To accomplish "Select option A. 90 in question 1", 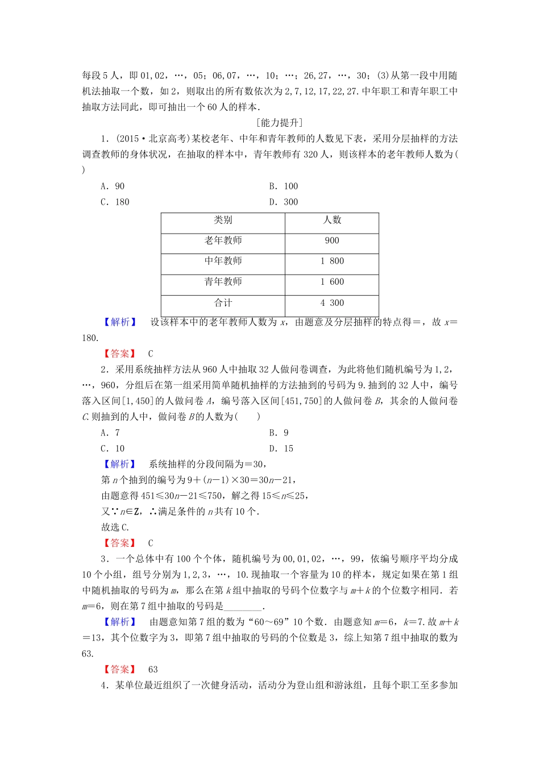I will (x=113, y=186).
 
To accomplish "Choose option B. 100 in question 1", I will (x=283, y=186).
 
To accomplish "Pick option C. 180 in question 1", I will (x=115, y=202).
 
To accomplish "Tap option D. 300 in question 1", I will (x=283, y=202).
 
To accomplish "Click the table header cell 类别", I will (x=223, y=221).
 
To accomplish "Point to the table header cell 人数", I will (x=332, y=221).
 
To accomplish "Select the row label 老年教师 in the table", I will (x=223, y=241).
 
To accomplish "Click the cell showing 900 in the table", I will (x=332, y=241).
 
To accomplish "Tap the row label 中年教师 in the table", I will (x=223, y=261).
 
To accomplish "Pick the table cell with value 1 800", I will (x=332, y=261).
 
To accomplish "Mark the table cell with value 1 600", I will (x=332, y=282).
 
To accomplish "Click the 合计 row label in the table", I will (x=223, y=303).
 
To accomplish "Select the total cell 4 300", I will (x=332, y=303).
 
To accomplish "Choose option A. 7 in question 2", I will (x=110, y=433).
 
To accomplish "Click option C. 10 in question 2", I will (x=113, y=449).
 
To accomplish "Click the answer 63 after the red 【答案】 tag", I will (x=152, y=670).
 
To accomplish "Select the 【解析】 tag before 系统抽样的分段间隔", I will (x=119, y=464).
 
